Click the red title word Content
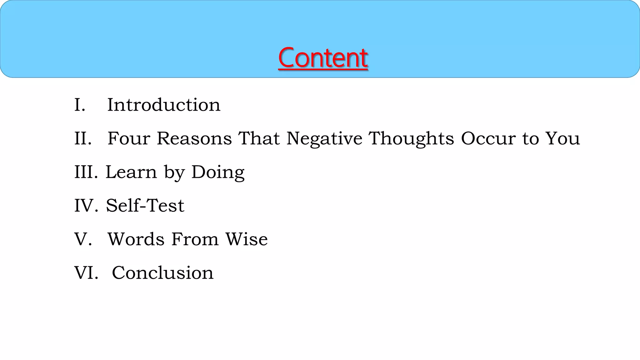[323, 58]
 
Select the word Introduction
[164, 105]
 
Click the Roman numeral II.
[83, 138]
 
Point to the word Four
[129, 138]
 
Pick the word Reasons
[194, 138]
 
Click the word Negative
[324, 139]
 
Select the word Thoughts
[411, 139]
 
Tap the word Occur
[488, 138]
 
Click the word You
[562, 138]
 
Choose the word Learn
[131, 172]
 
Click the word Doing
[218, 172]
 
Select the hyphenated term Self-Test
[145, 206]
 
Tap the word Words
[136, 239]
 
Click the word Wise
[247, 239]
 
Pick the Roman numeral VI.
[86, 272]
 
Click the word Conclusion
[162, 272]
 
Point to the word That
[259, 138]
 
